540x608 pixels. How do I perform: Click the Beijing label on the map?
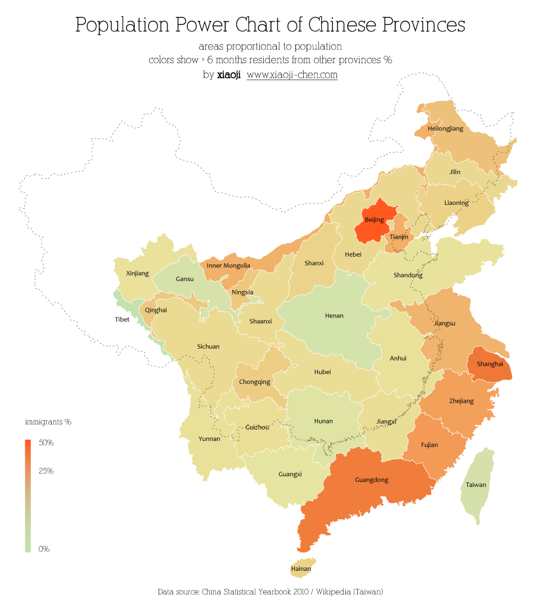[374, 220]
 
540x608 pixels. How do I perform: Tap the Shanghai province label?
[489, 364]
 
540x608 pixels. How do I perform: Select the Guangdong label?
[371, 480]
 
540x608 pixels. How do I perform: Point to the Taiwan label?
[476, 485]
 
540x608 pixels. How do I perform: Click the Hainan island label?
[301, 569]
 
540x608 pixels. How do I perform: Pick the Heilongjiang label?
[445, 128]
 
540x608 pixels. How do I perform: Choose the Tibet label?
[122, 319]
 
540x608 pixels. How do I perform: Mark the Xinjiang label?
[138, 274]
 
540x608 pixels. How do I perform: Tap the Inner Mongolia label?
[228, 265]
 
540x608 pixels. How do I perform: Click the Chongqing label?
[254, 382]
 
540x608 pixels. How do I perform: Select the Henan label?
[334, 316]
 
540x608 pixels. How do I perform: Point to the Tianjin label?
[399, 237]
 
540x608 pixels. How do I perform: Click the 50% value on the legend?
[46, 443]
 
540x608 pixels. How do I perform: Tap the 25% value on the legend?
[46, 471]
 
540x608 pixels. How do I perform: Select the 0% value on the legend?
[44, 549]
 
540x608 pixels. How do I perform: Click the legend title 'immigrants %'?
[48, 422]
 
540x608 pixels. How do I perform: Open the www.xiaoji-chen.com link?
[292, 74]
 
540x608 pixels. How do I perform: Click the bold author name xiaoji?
[229, 74]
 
